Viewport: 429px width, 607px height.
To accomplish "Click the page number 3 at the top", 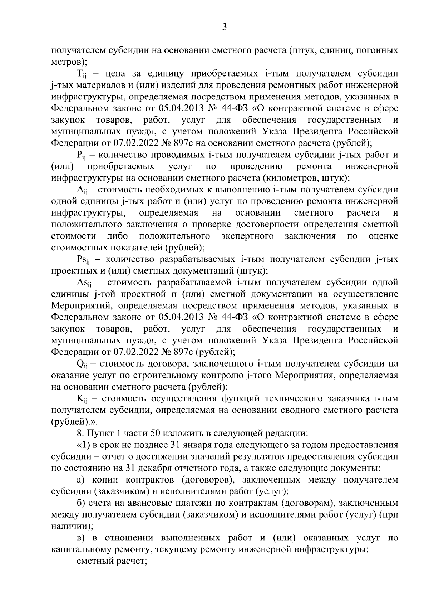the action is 224,27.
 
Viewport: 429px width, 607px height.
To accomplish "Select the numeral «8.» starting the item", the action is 80,433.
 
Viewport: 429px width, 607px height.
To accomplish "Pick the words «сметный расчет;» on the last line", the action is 112,561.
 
